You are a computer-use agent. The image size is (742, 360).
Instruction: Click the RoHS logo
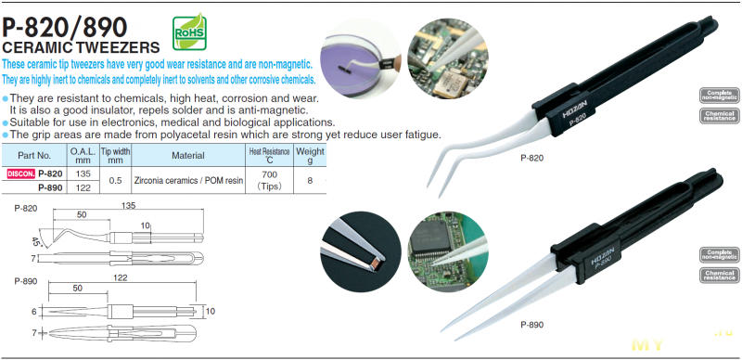[189, 32]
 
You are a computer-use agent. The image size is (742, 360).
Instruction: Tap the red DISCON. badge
[21, 174]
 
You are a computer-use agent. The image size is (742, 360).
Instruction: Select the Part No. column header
[34, 155]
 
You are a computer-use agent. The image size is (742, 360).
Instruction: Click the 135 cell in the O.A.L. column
[83, 174]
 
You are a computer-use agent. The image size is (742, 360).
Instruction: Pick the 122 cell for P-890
[83, 187]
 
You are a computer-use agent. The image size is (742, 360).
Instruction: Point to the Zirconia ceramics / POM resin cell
[188, 181]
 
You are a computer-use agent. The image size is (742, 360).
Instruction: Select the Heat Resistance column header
[269, 155]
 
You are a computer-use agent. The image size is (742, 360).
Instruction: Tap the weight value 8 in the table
[310, 181]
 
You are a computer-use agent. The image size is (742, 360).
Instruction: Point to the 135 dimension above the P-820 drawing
[128, 206]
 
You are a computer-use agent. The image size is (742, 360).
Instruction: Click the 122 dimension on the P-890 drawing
[122, 278]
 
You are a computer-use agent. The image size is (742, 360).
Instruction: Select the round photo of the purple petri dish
[361, 58]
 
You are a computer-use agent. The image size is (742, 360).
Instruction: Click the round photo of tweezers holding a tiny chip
[361, 251]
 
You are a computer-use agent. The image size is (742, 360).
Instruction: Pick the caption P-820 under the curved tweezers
[531, 159]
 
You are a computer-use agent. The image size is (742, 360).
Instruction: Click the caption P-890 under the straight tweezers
[531, 325]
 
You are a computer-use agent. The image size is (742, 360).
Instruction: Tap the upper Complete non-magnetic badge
[720, 96]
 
